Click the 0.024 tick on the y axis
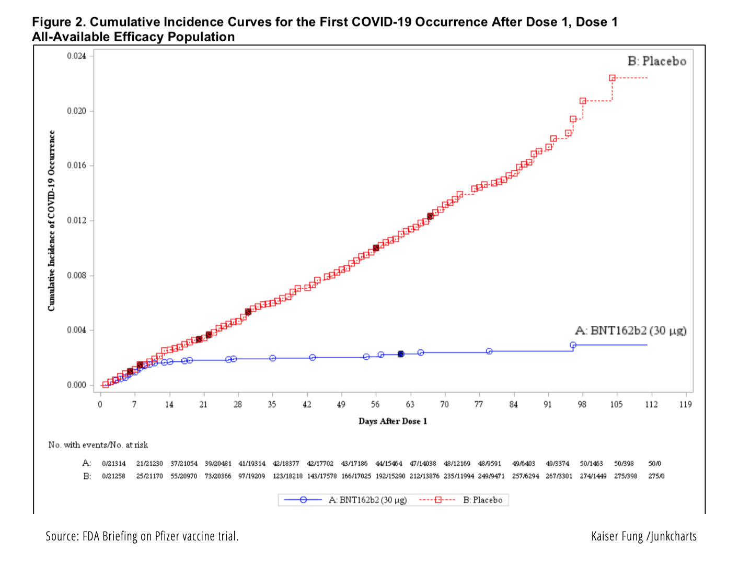[76, 56]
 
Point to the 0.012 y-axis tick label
[76, 220]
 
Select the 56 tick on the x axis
[375, 404]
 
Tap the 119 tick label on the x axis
[685, 404]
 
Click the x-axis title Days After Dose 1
[392, 421]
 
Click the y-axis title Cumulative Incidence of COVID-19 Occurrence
[51, 220]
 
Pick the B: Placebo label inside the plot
[656, 61]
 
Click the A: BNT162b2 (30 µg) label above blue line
[630, 331]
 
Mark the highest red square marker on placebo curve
[612, 78]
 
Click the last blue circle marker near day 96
[573, 345]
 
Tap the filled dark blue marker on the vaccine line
[401, 354]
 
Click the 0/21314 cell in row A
[114, 463]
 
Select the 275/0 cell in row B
[656, 476]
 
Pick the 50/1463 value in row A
[591, 463]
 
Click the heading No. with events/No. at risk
[98, 445]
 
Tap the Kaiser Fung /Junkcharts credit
[644, 536]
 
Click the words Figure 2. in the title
[59, 22]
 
